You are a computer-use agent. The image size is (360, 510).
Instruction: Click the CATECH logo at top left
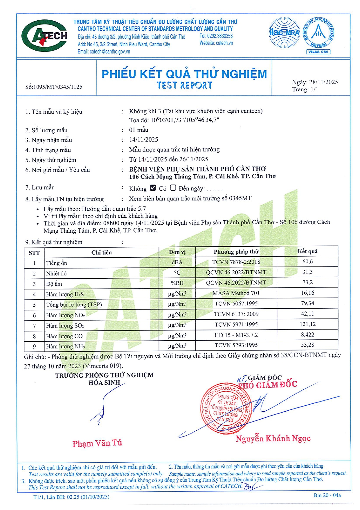[x=44, y=36]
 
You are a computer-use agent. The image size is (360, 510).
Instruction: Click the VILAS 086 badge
[x=318, y=52]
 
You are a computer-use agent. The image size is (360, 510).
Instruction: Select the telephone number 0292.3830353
[x=220, y=36]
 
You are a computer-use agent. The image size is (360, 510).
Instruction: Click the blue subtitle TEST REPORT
[x=184, y=85]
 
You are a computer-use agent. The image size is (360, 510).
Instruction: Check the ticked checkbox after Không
[x=153, y=188]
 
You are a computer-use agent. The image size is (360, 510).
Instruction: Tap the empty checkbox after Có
[x=173, y=188]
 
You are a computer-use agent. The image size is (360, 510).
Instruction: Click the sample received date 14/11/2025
[x=143, y=139]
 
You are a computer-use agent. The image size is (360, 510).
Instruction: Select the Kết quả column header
[x=307, y=251]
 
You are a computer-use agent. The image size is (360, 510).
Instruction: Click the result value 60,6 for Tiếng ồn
[x=307, y=262]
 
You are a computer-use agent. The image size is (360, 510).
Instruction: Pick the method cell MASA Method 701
[x=236, y=293]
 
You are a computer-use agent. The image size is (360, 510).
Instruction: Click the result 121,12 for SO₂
[x=307, y=324]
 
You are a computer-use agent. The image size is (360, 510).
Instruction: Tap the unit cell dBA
[x=177, y=262]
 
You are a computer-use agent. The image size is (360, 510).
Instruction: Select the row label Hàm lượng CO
[x=64, y=336]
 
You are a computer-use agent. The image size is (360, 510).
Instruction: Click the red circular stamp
[x=226, y=409]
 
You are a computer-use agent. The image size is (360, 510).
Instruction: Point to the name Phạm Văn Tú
[x=97, y=443]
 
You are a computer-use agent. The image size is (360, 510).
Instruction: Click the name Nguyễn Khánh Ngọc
[x=273, y=438]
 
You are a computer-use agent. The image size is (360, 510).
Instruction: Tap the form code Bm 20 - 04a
[x=327, y=495]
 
